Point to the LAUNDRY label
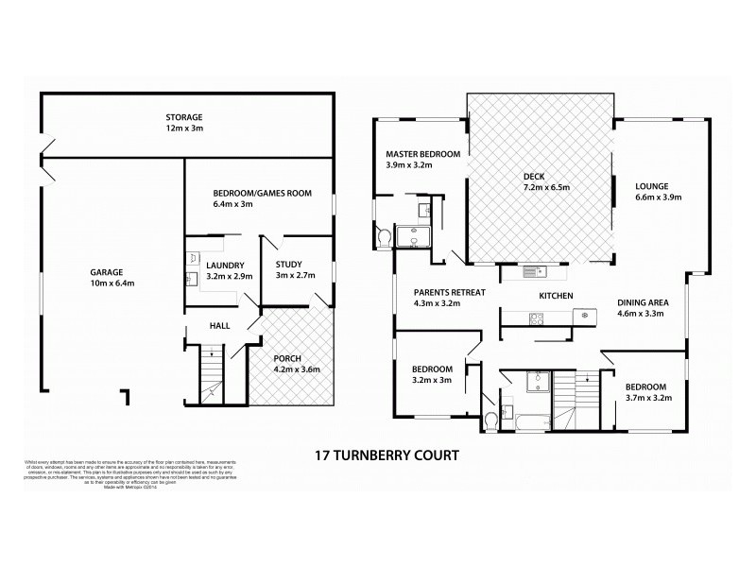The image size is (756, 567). point(226,271)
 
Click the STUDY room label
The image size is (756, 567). point(288,270)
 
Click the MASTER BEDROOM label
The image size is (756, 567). point(422,160)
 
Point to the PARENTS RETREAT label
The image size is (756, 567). point(450,299)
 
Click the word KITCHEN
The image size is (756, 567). point(556,296)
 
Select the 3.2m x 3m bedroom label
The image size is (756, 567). point(431,375)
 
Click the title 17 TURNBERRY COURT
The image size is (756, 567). point(386,455)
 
